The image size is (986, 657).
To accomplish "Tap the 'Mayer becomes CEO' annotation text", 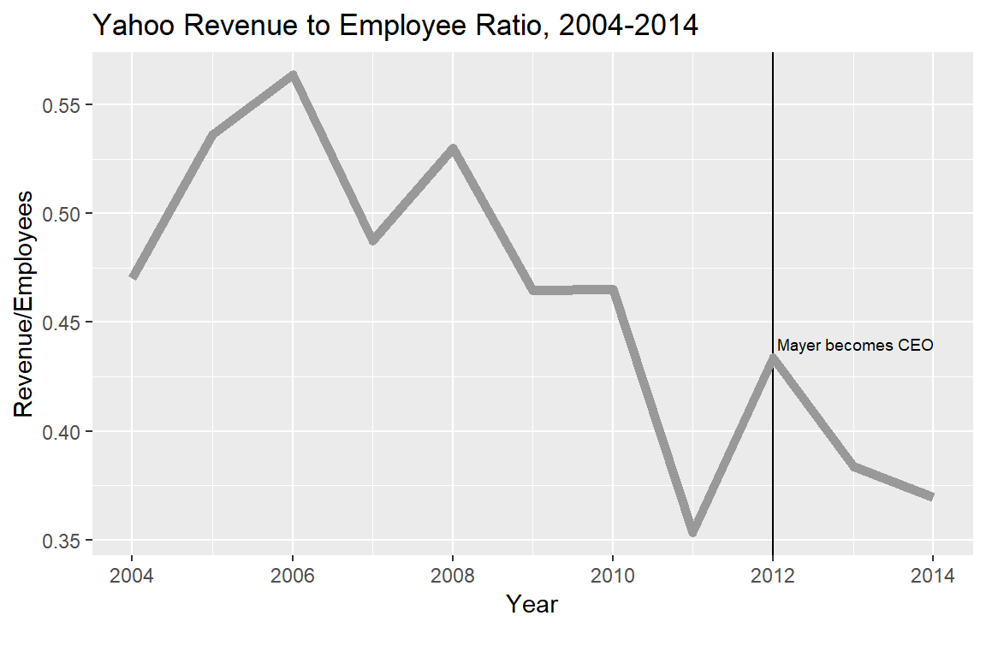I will pyautogui.click(x=854, y=346).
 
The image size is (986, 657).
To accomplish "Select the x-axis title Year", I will pyautogui.click(x=532, y=605).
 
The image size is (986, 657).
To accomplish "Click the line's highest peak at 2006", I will pyautogui.click(x=293, y=74).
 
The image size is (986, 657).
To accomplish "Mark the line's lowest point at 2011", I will pyautogui.click(x=693, y=533).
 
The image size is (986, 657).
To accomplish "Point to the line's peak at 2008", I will pyautogui.click(x=453, y=149).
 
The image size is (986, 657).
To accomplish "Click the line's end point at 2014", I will pyautogui.click(x=932, y=496).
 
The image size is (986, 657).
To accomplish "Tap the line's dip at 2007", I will pyautogui.click(x=373, y=241).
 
